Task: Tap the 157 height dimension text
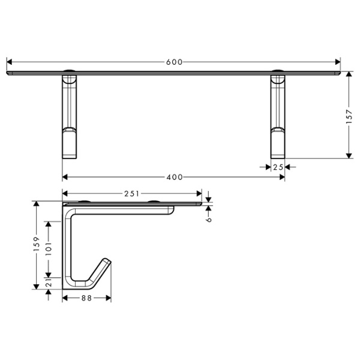pyautogui.click(x=349, y=116)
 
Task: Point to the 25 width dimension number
pyautogui.click(x=277, y=167)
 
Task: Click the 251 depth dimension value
pyautogui.click(x=132, y=193)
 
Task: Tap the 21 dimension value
pyautogui.click(x=48, y=282)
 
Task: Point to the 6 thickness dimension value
pyautogui.click(x=208, y=220)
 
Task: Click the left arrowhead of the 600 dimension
pyautogui.click(x=9, y=62)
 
